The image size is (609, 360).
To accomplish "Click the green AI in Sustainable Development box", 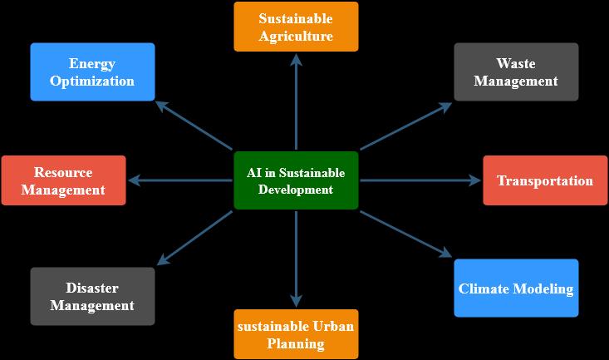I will point(296,180).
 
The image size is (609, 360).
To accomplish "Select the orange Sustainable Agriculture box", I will point(296,27).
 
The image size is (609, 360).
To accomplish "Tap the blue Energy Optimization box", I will point(92,72).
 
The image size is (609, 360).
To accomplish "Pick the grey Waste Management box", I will point(516,72).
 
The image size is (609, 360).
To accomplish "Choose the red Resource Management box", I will point(63,180).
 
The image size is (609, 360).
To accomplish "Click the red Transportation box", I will point(544,180).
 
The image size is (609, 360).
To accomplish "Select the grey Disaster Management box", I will point(92,296).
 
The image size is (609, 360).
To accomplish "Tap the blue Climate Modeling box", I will point(516,288).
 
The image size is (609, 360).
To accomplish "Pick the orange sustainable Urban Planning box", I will point(296,334).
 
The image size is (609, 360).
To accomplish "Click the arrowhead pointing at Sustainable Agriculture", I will point(296,59).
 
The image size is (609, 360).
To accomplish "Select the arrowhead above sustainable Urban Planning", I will point(296,302).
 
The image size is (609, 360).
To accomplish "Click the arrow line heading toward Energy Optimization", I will point(196,126).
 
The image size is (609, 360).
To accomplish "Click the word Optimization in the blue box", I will point(92,81).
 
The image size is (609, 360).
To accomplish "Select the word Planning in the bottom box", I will point(296,343).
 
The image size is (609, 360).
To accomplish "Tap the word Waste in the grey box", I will point(516,63).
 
